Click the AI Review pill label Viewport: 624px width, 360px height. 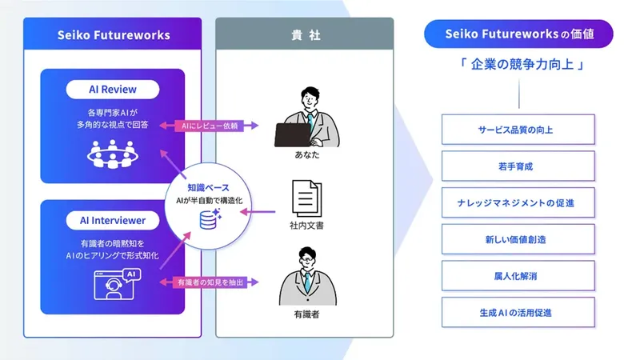click(x=112, y=89)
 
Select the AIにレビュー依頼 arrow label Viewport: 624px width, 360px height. click(x=208, y=126)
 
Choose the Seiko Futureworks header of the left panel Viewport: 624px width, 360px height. click(x=113, y=35)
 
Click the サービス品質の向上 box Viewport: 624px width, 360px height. click(x=518, y=129)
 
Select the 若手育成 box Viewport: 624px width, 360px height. click(x=518, y=166)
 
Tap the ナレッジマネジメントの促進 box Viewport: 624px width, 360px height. click(x=518, y=202)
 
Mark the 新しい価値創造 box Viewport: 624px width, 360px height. click(x=518, y=238)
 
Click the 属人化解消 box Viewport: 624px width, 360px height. click(x=518, y=275)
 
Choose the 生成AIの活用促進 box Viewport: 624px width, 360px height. click(x=518, y=312)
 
